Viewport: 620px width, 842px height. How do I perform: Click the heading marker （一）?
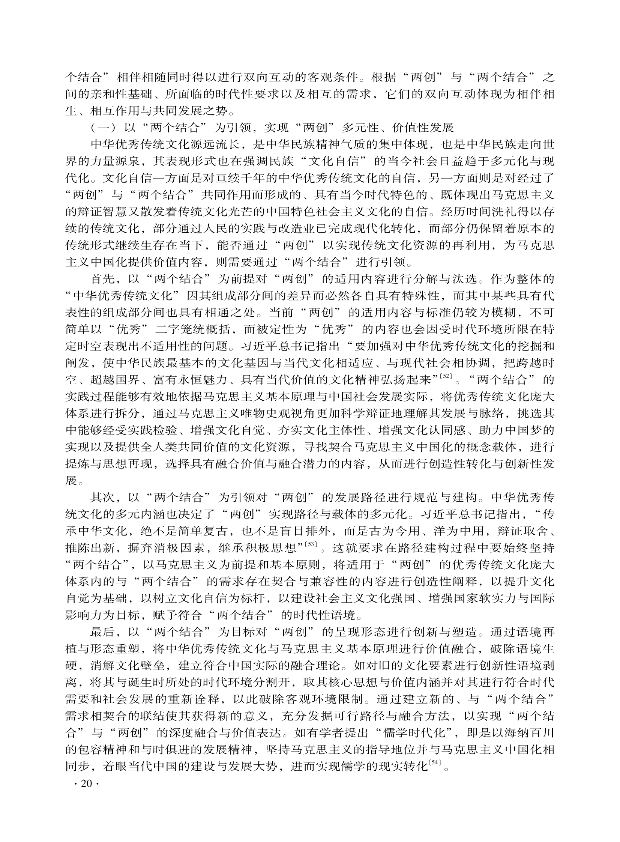click(103, 128)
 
